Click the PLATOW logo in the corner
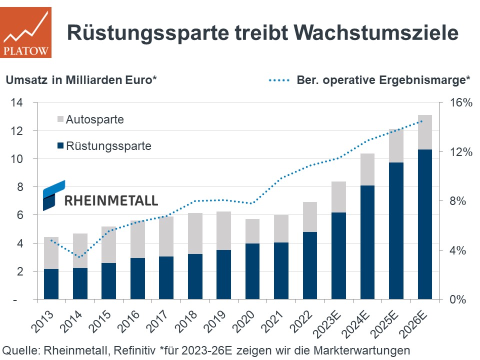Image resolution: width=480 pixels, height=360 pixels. coord(25,32)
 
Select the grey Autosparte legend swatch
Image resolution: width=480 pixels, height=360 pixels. coord(60,120)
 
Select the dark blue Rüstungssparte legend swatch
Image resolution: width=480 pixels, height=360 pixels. coord(60,146)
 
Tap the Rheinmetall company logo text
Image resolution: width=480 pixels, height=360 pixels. coord(111,200)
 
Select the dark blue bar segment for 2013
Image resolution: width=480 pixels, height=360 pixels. coord(51,284)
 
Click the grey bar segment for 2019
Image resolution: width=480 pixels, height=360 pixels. coord(223,230)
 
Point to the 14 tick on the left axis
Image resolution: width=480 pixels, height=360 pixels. coord(17,102)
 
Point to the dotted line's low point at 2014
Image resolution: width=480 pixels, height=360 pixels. coord(79,257)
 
